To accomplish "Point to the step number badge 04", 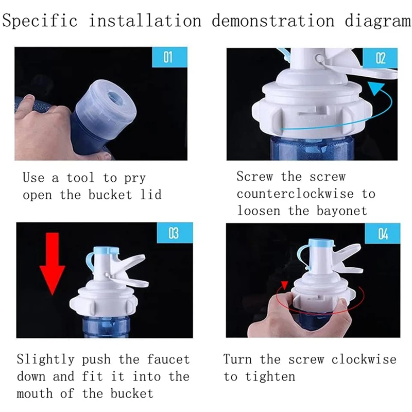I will [383, 234].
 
